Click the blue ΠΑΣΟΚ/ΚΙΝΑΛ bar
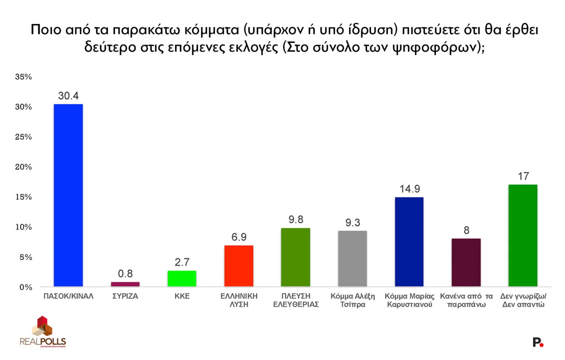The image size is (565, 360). [68, 195]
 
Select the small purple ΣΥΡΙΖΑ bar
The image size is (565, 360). [125, 284]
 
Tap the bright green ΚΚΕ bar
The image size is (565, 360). [182, 279]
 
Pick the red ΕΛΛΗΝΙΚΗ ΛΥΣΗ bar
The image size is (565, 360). [239, 266]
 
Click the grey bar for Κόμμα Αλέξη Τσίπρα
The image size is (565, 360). [352, 258]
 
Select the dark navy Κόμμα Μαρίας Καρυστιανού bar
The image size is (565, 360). [409, 242]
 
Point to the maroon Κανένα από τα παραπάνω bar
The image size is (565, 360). [466, 262]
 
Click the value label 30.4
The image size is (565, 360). [68, 96]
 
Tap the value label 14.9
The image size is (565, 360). [409, 189]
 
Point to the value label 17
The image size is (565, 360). [523, 176]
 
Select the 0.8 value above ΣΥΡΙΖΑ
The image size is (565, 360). [125, 274]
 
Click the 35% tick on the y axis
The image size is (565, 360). [24, 77]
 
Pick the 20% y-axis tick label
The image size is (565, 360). [24, 167]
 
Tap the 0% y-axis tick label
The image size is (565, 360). [26, 287]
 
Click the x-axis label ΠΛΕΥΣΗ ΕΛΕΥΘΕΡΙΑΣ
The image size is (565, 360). [296, 300]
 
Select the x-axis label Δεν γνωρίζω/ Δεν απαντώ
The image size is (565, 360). [523, 300]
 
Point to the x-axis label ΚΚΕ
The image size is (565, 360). [182, 296]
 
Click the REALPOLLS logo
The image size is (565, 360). [42, 332]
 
